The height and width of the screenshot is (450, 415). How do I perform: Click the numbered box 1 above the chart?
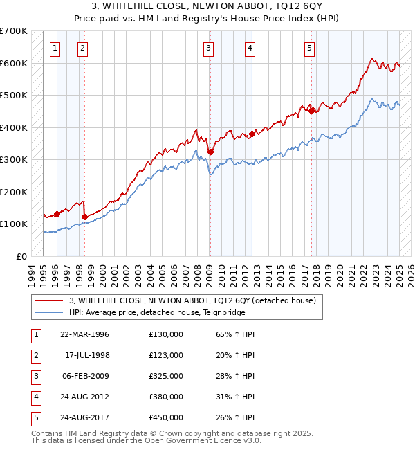click(55, 48)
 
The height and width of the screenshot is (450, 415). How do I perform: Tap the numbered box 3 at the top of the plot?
click(208, 48)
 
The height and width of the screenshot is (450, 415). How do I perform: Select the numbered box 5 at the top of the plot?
click(309, 48)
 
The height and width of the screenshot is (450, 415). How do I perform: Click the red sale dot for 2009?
click(210, 152)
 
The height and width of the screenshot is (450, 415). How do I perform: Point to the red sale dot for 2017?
click(312, 110)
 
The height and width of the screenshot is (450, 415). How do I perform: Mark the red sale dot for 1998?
click(84, 217)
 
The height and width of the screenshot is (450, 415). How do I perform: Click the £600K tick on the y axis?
click(14, 63)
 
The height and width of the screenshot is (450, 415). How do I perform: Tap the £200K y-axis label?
click(14, 192)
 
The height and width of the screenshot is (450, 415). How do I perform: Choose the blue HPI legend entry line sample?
click(50, 312)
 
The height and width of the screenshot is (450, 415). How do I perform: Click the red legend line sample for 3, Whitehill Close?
click(50, 300)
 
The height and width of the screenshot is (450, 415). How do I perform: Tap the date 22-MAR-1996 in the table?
click(85, 334)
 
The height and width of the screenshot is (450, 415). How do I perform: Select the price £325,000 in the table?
click(166, 376)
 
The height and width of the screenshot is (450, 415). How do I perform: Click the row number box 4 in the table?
click(35, 397)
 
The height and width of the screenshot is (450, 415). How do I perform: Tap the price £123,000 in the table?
click(166, 355)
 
